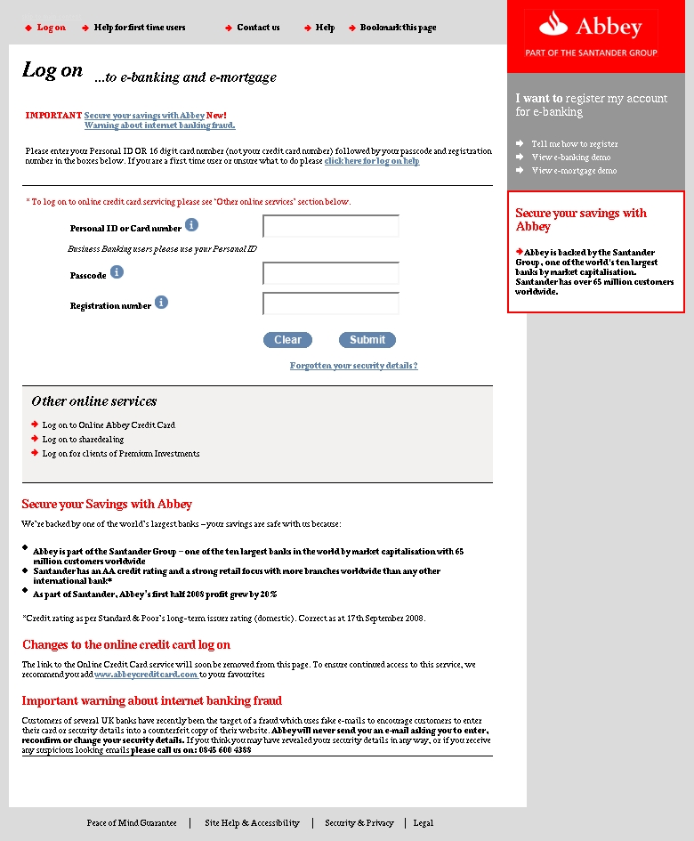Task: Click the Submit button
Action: tap(367, 340)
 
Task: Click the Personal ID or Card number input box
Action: tap(331, 227)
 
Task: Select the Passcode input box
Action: tap(331, 273)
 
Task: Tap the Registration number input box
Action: tap(331, 303)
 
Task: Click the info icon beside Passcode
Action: tap(117, 272)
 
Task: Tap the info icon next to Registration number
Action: tap(161, 303)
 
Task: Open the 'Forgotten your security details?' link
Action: tap(353, 366)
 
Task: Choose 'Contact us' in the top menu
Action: tap(258, 28)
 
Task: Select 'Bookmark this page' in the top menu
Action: tap(398, 28)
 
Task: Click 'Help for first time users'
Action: tap(140, 28)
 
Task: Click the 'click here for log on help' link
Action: tap(372, 161)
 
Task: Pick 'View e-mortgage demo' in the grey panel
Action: tap(574, 170)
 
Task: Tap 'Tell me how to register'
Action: tap(575, 143)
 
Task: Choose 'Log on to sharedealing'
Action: tap(83, 440)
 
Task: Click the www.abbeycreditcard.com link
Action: tap(146, 675)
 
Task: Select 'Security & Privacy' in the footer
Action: tap(359, 823)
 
